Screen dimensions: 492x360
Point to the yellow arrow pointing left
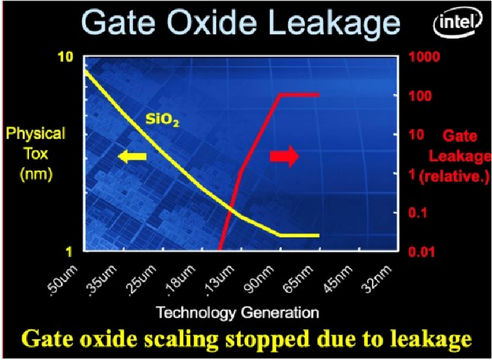tap(132, 156)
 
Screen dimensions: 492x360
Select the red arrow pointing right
tap(284, 156)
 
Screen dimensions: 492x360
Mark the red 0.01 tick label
tap(422, 252)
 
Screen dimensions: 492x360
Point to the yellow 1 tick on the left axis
tap(69, 252)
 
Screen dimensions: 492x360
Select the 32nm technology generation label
tap(378, 278)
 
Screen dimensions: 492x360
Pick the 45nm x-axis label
tap(339, 278)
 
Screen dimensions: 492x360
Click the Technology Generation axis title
tap(238, 313)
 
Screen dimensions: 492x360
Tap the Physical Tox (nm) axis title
tap(36, 154)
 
